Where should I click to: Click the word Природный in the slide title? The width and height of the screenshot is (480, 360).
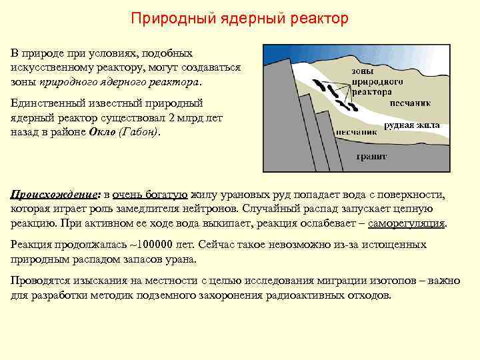(173, 18)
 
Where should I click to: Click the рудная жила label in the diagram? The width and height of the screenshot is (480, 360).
(409, 125)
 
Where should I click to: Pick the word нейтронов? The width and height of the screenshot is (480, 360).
(223, 209)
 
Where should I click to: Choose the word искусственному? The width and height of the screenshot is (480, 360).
(55, 69)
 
